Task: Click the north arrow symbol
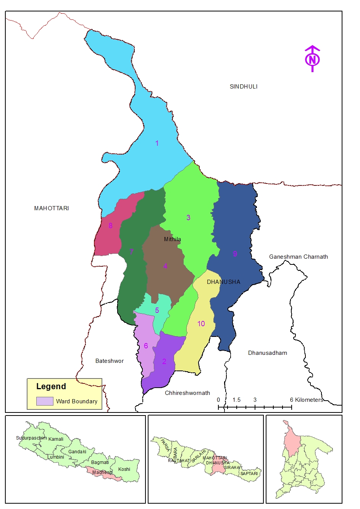point(312,59)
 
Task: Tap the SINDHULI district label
point(244,87)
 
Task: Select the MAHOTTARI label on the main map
point(52,208)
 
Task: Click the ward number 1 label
point(157,143)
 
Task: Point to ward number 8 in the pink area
point(110,226)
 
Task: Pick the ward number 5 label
point(157,310)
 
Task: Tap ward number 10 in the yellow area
point(201,324)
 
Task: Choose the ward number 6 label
point(146,346)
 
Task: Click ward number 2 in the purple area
point(164,362)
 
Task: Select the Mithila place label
point(173,239)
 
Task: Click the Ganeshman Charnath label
point(298,257)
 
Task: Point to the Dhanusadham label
point(267,353)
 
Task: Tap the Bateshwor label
point(110,361)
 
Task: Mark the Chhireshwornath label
point(187,393)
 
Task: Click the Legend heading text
point(51,387)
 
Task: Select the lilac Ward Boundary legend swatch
point(45,401)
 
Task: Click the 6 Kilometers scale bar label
point(307,400)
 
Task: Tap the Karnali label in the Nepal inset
point(56,439)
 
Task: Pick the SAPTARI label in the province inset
point(249,474)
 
